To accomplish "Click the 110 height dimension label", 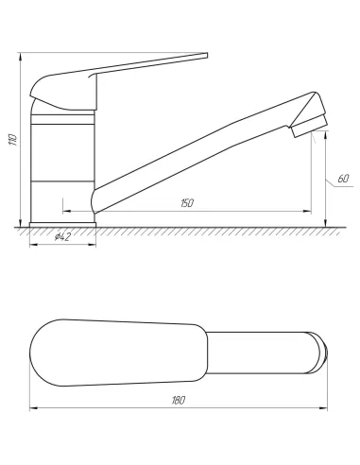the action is (13, 140).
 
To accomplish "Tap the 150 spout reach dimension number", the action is (187, 203).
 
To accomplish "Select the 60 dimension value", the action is (343, 179).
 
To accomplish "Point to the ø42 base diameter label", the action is (62, 236).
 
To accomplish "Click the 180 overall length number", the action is (179, 401).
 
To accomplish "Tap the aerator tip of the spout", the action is (309, 127).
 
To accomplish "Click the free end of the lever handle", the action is (206, 56).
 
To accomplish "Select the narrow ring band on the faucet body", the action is (62, 119).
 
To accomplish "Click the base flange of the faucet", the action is (62, 225).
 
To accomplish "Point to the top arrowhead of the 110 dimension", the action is (21, 57).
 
